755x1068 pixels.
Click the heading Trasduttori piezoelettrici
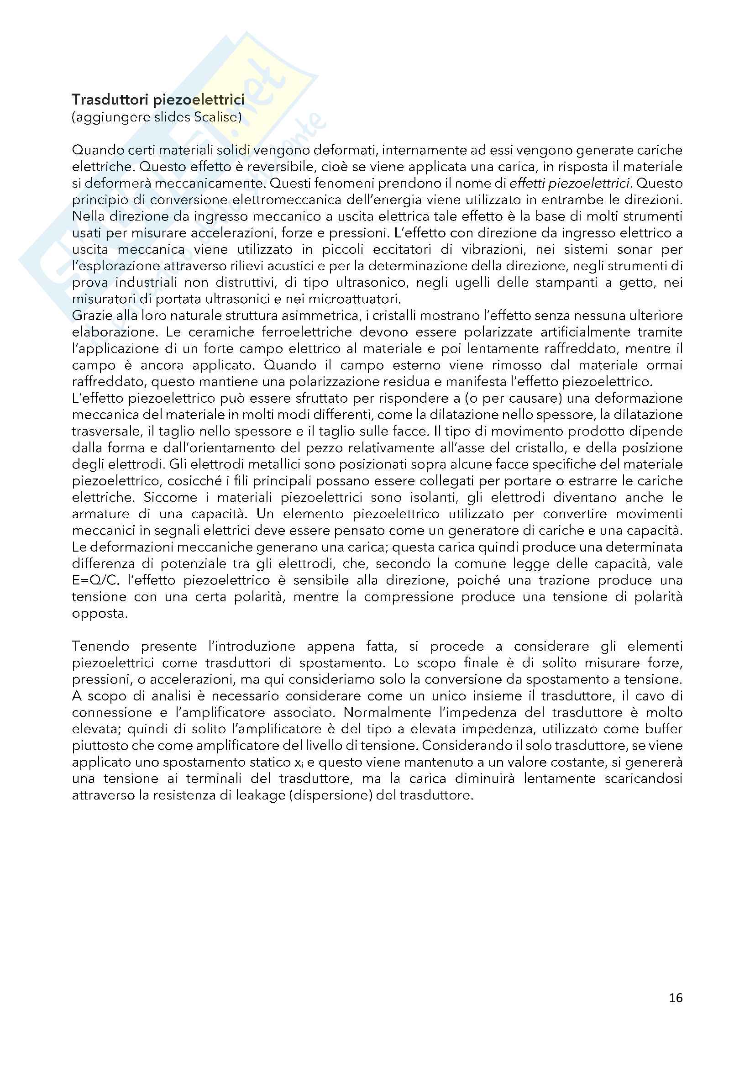click(158, 100)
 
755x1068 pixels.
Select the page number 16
click(676, 997)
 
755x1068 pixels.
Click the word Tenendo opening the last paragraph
click(101, 646)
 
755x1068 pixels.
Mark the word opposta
click(100, 614)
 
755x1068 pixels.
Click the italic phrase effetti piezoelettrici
click(589, 183)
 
